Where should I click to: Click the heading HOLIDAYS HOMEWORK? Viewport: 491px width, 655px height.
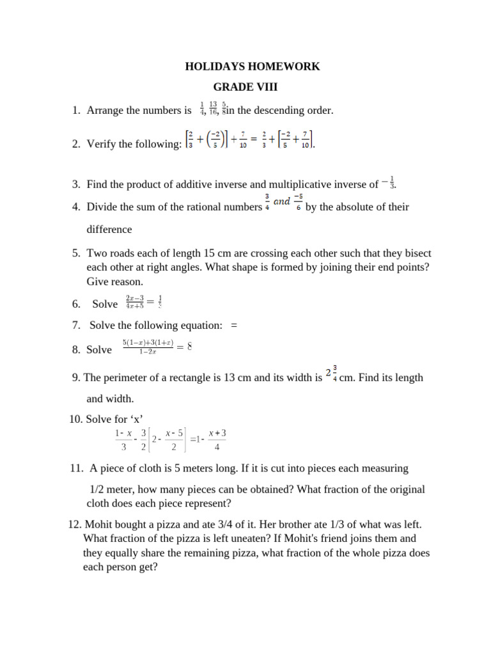point(252,67)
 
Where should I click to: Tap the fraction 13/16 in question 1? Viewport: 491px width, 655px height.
point(212,108)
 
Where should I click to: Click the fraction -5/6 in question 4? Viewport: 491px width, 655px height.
point(298,203)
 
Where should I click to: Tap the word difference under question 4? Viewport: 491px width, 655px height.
point(109,229)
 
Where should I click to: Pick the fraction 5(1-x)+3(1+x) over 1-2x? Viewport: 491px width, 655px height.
point(148,348)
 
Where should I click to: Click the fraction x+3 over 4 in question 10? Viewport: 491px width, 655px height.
point(217,439)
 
